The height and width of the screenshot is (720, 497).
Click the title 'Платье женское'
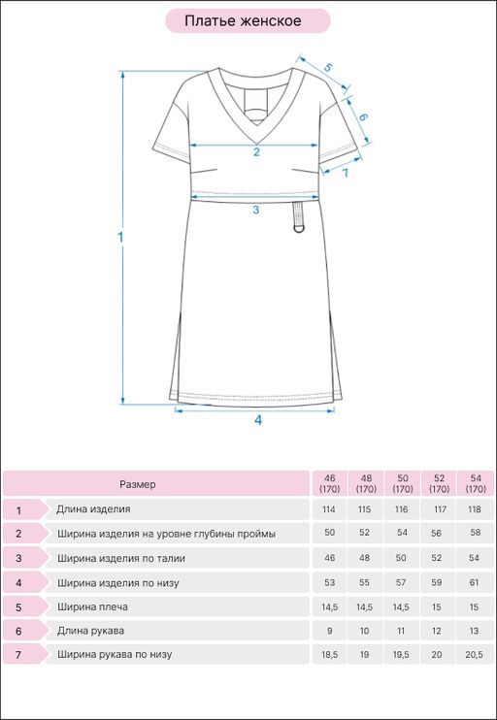tap(243, 20)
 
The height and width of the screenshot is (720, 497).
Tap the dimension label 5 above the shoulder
tap(328, 67)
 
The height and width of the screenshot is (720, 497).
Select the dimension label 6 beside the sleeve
tap(363, 117)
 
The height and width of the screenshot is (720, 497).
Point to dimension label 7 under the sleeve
tap(345, 173)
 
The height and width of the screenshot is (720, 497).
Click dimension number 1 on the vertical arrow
tap(120, 238)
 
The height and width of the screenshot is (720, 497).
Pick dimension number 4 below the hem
tap(258, 420)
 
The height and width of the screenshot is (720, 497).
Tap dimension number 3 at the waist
tap(256, 210)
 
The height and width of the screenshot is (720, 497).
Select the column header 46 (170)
tap(329, 483)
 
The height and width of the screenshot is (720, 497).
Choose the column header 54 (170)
tap(476, 483)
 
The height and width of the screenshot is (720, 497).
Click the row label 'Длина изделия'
tap(93, 509)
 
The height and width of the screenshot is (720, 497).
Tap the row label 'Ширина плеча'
tap(92, 607)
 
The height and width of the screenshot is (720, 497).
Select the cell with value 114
tap(329, 509)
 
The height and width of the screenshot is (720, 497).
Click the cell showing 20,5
tap(474, 655)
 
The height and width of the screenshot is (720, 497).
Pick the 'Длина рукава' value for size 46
tap(329, 631)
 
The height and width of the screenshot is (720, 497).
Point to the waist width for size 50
tap(401, 558)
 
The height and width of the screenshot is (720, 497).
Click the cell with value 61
tap(474, 582)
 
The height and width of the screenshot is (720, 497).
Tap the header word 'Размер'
tap(137, 484)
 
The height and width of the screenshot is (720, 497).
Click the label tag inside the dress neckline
tap(255, 99)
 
